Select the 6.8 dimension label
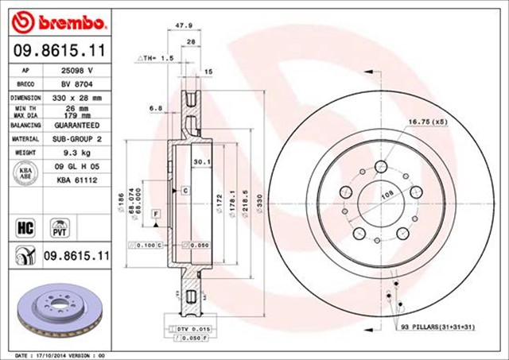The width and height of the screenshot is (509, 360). tap(156, 107)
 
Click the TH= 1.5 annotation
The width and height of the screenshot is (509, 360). tap(155, 59)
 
